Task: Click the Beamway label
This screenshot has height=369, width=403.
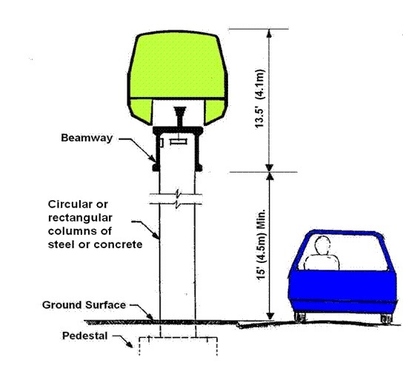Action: tap(87, 138)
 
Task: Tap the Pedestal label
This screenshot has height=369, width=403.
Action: tap(85, 336)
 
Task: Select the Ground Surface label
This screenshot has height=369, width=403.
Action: tap(84, 305)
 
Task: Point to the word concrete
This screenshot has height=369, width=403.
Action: tap(118, 245)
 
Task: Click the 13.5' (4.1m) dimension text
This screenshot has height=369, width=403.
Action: tap(259, 99)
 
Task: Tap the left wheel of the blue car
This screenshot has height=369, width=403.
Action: tap(300, 317)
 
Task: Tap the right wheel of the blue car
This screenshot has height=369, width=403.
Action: tap(386, 319)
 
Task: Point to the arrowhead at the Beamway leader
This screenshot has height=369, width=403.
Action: tap(153, 159)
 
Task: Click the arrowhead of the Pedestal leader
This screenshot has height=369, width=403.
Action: tap(130, 345)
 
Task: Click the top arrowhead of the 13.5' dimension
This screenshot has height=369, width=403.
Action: tap(270, 33)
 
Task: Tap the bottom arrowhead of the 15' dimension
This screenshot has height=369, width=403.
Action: tap(270, 316)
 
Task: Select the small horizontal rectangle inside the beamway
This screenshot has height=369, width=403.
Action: tap(179, 142)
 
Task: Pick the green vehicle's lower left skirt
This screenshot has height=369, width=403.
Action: tap(140, 111)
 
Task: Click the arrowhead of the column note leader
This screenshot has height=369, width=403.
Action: tap(156, 236)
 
